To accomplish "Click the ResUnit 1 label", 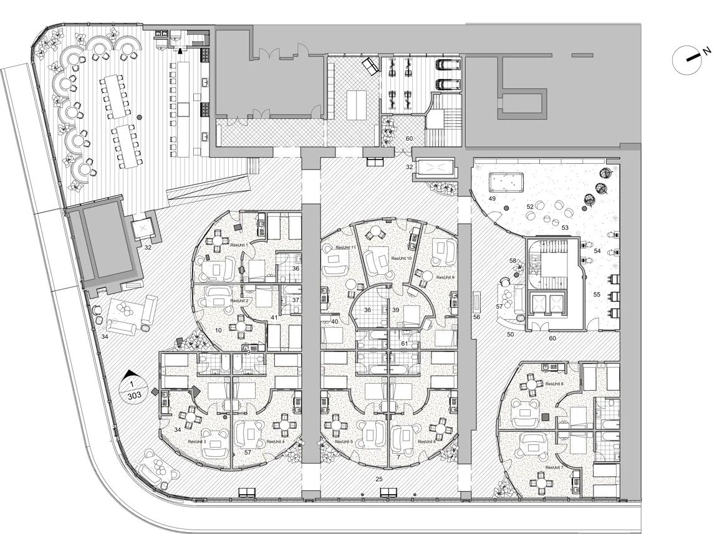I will pos(239,245).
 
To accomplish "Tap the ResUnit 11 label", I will pos(345,247).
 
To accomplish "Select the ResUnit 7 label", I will pos(554,467).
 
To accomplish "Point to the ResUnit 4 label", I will pos(275,441).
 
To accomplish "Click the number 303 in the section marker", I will pos(133,395).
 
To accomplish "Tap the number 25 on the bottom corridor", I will pos(378,479).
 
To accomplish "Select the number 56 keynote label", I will pos(477,317).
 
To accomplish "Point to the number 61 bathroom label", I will pos(404,344).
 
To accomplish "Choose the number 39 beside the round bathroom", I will pos(395,310).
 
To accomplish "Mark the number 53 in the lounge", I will pos(565,227).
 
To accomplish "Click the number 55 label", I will pos(597,294).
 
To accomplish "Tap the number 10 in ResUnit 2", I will pos(219,330).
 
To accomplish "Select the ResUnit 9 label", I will pos(445,277).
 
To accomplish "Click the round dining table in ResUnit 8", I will pos(530,385).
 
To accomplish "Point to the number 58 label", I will pos(513,261).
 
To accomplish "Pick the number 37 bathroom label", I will pos(296,300).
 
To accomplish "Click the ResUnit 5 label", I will pos(343,441).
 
